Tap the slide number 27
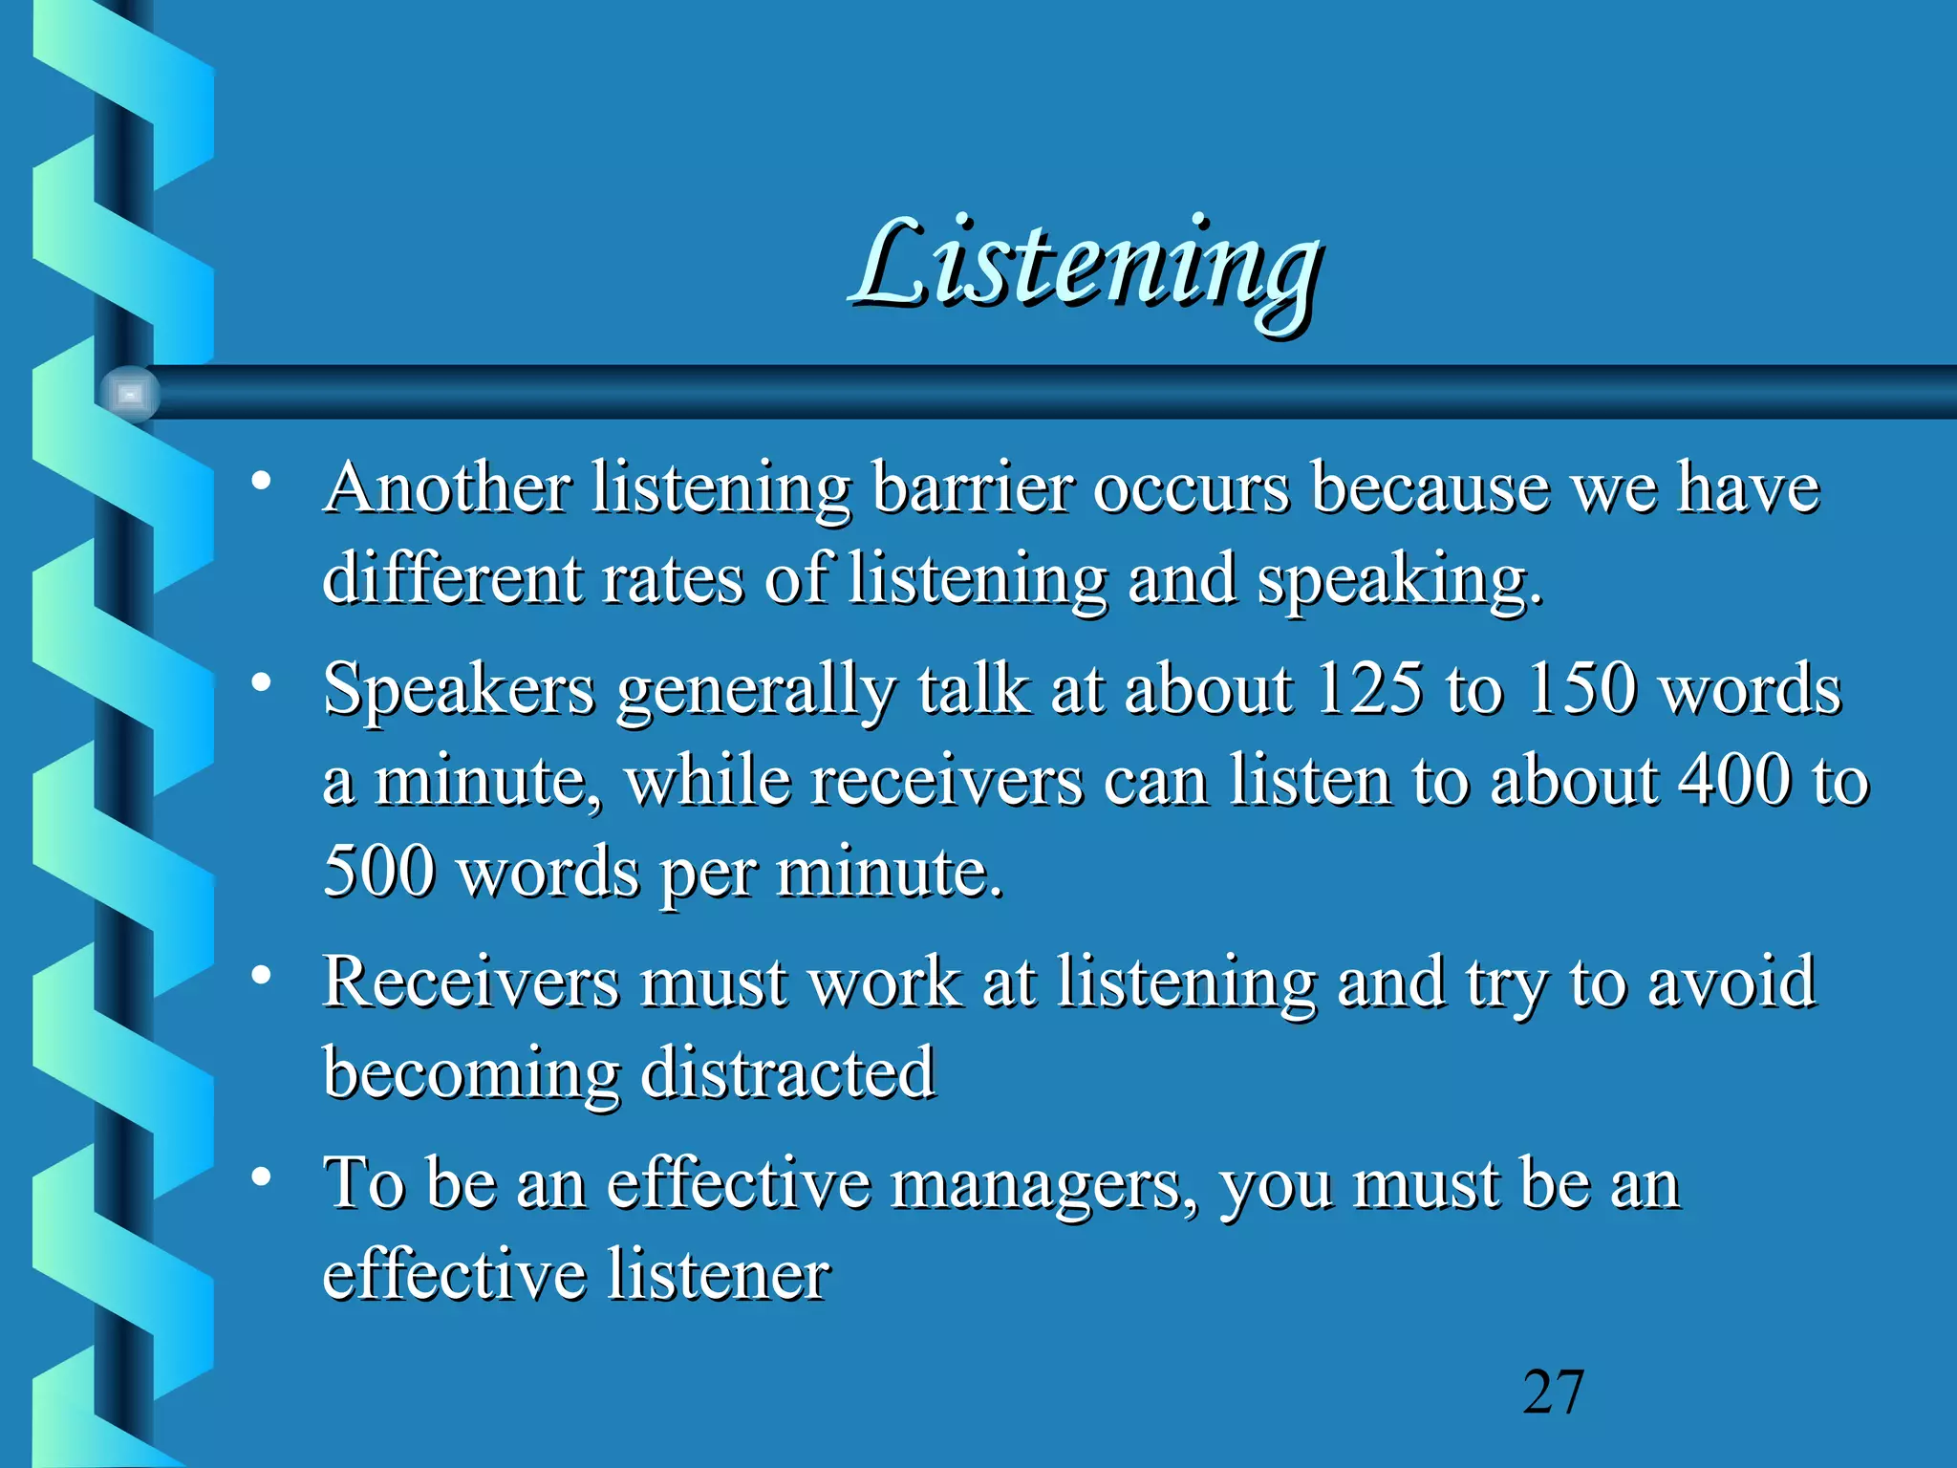coord(1553,1392)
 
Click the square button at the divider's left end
coord(130,394)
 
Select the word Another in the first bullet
coord(446,488)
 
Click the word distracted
coord(787,1072)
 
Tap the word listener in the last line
coord(719,1275)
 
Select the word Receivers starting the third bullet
coord(470,982)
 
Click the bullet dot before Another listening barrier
coord(261,481)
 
